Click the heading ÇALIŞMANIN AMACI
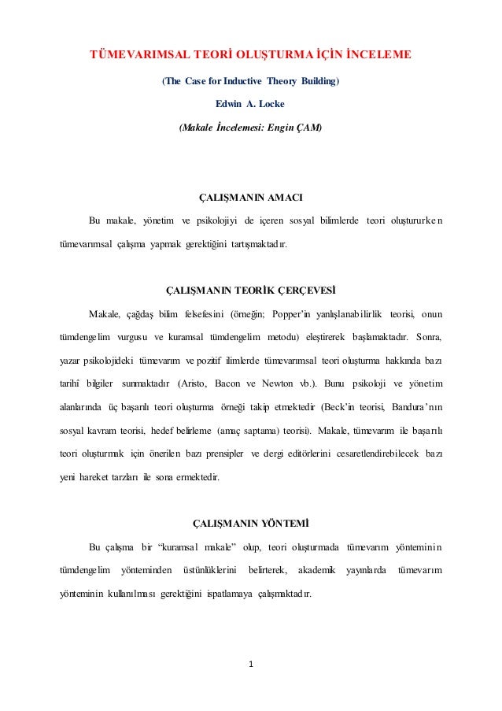(251, 196)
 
